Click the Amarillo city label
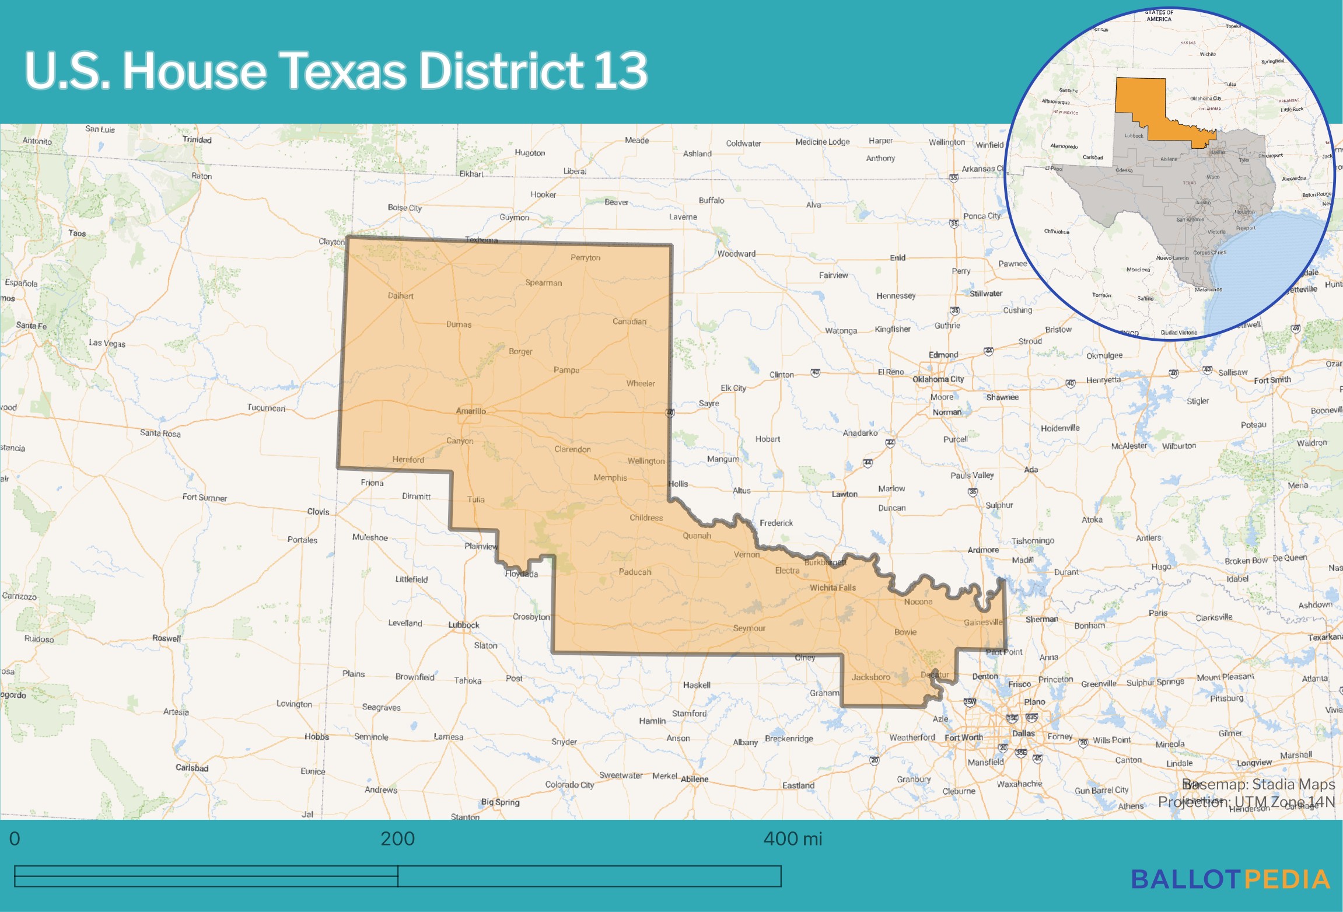(471, 411)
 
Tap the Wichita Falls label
(833, 588)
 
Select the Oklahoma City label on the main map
(938, 379)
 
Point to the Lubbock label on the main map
(464, 625)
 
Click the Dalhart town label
(401, 296)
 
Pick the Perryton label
(585, 257)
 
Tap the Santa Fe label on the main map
(32, 326)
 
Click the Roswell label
(167, 638)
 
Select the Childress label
(646, 518)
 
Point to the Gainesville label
(983, 622)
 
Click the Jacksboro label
(870, 677)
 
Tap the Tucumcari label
(266, 408)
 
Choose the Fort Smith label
(1272, 380)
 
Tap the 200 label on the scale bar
(397, 838)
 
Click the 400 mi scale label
(792, 838)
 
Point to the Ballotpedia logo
(1231, 879)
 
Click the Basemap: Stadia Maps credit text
(1258, 784)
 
